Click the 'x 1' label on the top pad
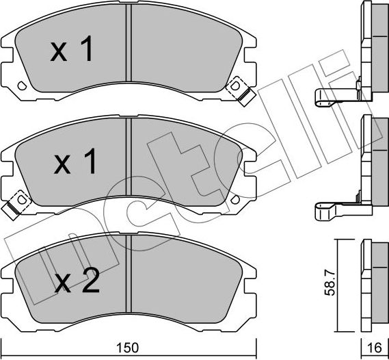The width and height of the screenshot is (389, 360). pyautogui.click(x=72, y=51)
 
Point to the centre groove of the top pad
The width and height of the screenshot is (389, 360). pyautogui.click(x=128, y=44)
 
